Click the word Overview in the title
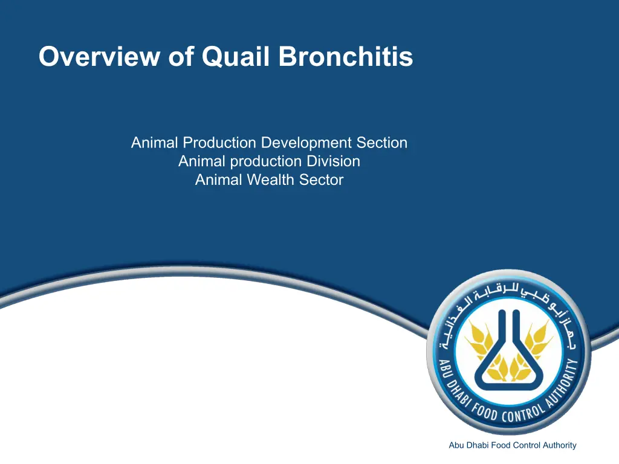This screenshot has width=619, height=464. coord(100,56)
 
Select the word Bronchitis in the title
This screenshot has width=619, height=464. coord(346,56)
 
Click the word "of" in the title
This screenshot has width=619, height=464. coord(181,56)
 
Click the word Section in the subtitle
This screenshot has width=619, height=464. coord(382,143)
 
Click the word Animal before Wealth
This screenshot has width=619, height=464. coord(219,180)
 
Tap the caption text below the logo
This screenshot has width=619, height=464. coord(513,445)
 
